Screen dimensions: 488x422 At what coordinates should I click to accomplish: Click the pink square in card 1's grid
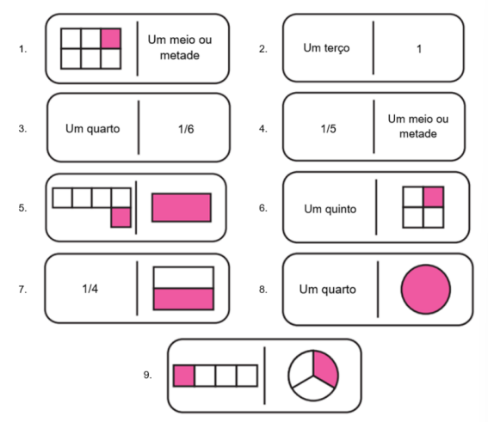(x=111, y=39)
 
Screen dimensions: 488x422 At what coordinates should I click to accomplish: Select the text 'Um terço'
(x=326, y=48)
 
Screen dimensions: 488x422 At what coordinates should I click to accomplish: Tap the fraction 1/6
(x=186, y=129)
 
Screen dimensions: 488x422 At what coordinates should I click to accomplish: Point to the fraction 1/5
(x=328, y=129)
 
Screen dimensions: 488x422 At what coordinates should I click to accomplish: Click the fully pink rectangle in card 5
(x=182, y=208)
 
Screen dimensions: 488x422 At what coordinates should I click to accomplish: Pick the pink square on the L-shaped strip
(x=120, y=217)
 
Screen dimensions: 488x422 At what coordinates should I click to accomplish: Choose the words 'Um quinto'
(x=330, y=209)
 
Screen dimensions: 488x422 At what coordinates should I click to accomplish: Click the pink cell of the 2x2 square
(x=433, y=197)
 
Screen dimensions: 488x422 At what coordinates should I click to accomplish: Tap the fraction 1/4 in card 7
(x=90, y=289)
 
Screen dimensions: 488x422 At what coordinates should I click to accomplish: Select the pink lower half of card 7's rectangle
(x=183, y=299)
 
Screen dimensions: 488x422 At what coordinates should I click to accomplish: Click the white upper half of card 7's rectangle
(x=183, y=278)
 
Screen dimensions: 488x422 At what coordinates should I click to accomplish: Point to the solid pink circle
(x=425, y=290)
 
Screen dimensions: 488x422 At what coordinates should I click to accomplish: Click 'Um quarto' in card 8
(x=327, y=290)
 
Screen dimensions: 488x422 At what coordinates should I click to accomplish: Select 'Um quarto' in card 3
(x=92, y=129)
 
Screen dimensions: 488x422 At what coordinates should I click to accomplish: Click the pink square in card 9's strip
(x=184, y=376)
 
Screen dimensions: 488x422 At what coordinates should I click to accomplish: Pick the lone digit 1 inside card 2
(x=419, y=49)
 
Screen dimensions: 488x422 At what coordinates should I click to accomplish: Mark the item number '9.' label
(x=147, y=375)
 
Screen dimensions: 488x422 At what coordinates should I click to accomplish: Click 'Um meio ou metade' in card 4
(x=418, y=126)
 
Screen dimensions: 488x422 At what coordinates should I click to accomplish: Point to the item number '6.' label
(x=263, y=208)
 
